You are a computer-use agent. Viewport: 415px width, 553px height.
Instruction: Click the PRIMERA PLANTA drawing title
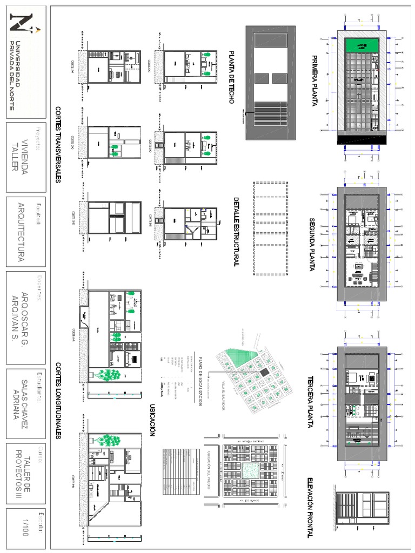click(313, 81)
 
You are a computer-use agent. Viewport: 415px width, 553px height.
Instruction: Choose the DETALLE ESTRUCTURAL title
click(236, 231)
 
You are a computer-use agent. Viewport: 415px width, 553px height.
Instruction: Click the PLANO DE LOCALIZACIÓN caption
click(199, 380)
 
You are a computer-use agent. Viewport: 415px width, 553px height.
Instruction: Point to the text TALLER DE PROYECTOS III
click(24, 475)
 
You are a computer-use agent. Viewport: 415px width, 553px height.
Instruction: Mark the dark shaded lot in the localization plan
click(263, 373)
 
